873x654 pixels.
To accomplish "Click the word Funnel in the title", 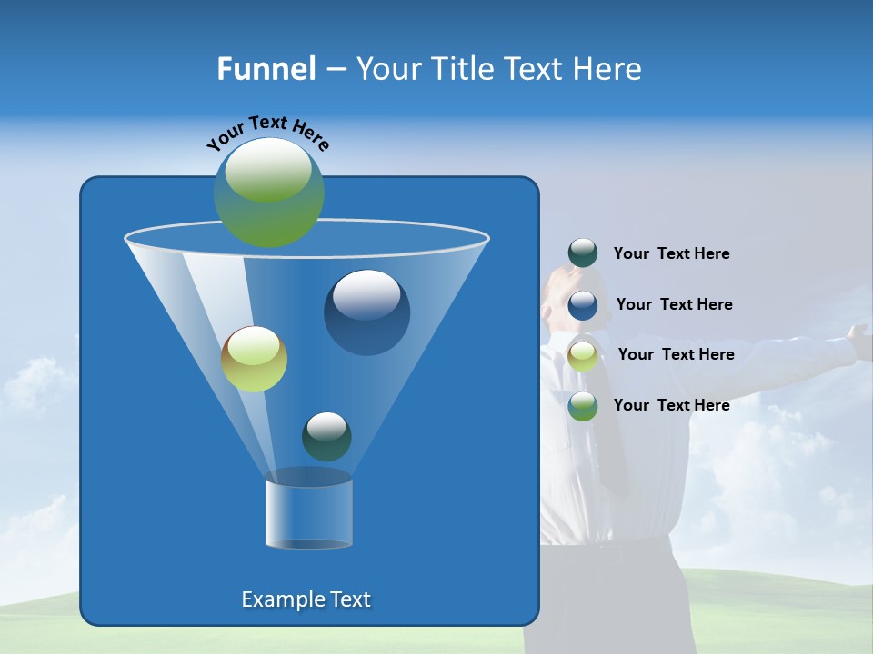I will pos(266,68).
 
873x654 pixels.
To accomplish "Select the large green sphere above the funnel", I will pos(269,192).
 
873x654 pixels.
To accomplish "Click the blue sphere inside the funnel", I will pos(366,312).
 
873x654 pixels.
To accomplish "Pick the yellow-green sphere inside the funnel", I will pos(255,359).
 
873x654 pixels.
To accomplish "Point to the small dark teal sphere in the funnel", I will pos(326,436).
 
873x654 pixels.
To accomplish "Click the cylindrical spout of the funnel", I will pos(309,513).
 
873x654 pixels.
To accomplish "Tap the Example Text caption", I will pos(306,599).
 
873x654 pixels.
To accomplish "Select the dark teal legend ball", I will pos(583,253).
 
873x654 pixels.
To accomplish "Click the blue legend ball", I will pos(583,304).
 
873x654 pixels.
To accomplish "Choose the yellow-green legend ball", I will pos(583,355).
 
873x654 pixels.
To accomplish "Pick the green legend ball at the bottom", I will pos(583,406).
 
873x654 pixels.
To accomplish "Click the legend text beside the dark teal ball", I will pos(671,253).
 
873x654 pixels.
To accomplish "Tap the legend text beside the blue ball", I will pos(674,304).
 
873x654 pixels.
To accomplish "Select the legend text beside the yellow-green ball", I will pos(676,354).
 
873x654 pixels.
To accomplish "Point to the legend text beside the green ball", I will pos(671,405).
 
